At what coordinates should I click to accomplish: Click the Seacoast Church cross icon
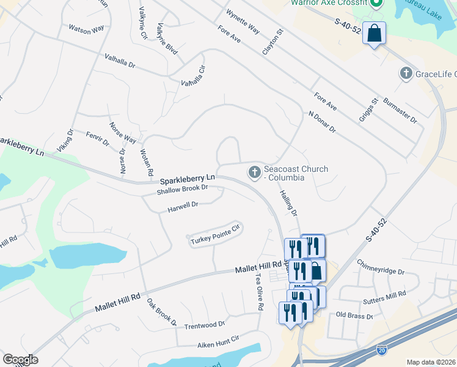pos(254,173)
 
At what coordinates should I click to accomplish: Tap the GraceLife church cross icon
pos(405,74)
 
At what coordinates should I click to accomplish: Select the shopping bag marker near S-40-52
pos(375,33)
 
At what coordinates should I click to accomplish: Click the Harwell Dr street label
pos(183,207)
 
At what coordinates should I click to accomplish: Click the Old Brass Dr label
pos(355,316)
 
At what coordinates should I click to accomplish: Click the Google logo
pos(20,360)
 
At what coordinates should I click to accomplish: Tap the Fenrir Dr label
pos(97,138)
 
